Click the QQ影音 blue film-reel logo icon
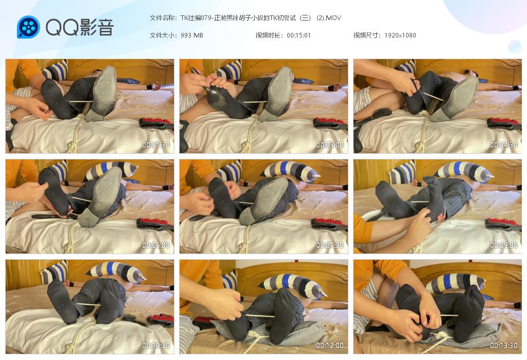[x=28, y=27]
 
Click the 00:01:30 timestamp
[x=155, y=145]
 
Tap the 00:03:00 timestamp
[x=330, y=145]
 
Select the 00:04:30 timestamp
[x=503, y=145]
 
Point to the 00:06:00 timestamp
[x=155, y=245]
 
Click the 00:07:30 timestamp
[x=330, y=245]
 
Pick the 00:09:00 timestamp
[x=503, y=245]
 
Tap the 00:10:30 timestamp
[x=155, y=345]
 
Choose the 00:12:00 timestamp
[x=330, y=345]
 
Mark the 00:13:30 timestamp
[x=503, y=345]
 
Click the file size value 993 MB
[x=192, y=35]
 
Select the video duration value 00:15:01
[x=299, y=35]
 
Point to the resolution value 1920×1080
[x=400, y=35]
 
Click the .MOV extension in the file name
[x=333, y=18]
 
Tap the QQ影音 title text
[x=80, y=27]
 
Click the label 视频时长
[x=268, y=35]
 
